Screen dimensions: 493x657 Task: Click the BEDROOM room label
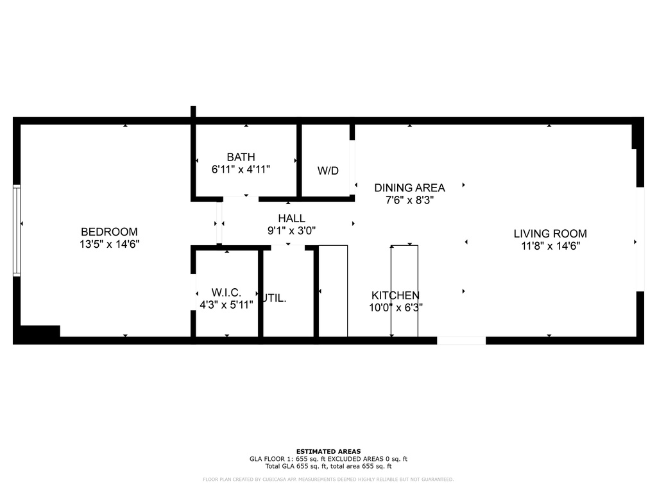(x=109, y=232)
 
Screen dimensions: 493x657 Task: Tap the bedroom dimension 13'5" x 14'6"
(x=109, y=244)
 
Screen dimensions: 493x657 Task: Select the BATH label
(x=241, y=157)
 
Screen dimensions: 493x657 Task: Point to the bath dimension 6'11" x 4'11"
(x=241, y=169)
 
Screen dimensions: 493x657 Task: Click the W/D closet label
(x=328, y=171)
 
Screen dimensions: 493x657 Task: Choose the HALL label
(x=291, y=219)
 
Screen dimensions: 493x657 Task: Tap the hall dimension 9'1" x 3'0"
(x=291, y=230)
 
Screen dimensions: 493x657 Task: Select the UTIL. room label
(x=275, y=298)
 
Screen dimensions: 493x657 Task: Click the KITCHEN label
(x=395, y=295)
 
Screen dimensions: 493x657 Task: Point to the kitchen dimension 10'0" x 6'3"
(x=395, y=307)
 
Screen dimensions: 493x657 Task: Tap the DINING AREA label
(x=409, y=187)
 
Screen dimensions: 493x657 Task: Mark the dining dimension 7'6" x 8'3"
(x=409, y=200)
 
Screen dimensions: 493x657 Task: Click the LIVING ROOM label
(x=550, y=234)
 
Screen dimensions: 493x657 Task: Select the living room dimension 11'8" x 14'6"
(x=550, y=245)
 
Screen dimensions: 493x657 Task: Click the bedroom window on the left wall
(x=17, y=230)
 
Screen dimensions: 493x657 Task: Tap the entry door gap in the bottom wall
(x=461, y=340)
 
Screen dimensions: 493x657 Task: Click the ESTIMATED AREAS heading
(x=328, y=451)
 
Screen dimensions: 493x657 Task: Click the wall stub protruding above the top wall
(x=193, y=112)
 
